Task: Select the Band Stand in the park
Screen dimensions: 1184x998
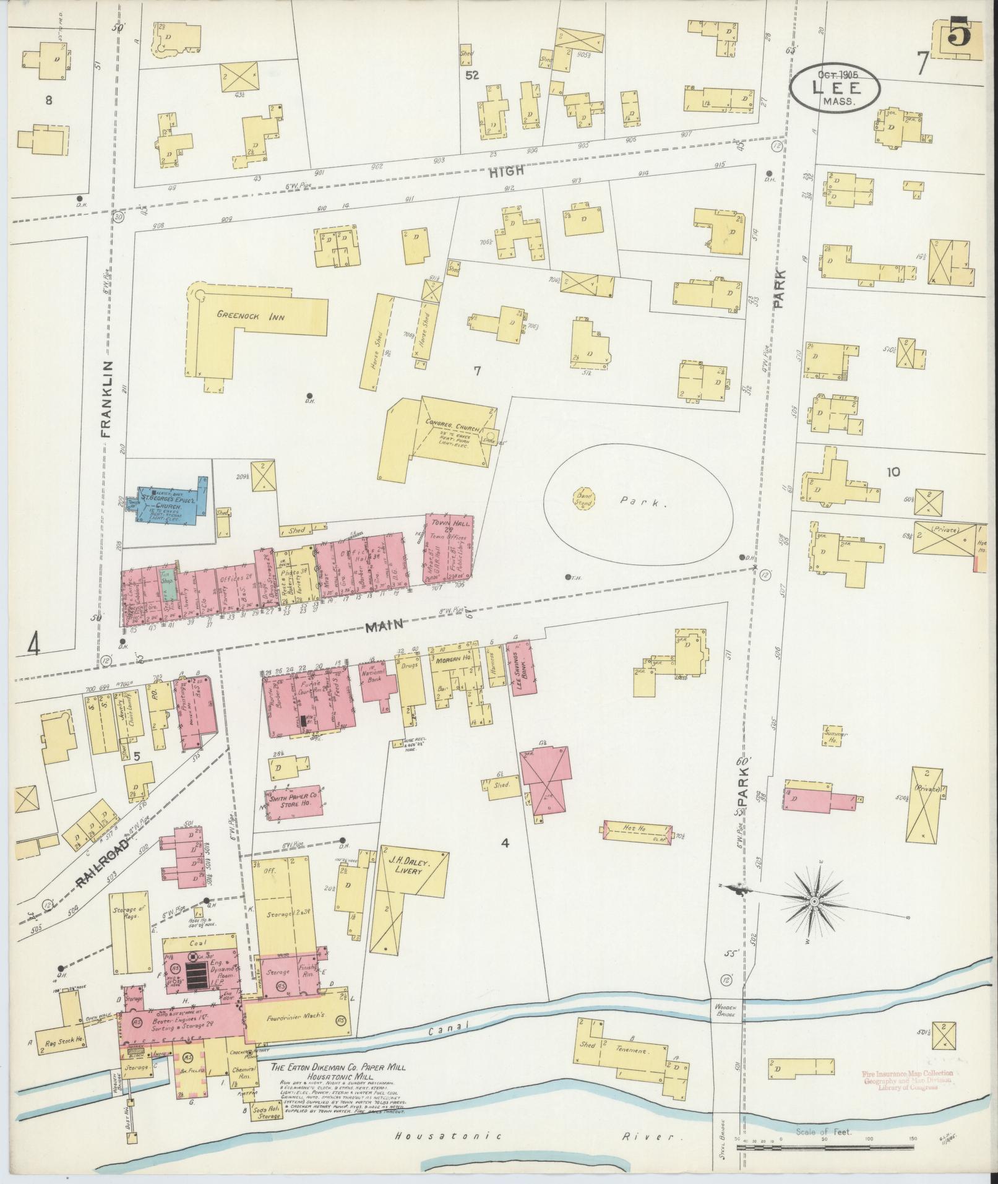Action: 585,499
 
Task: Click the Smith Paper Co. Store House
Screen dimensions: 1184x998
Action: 295,803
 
